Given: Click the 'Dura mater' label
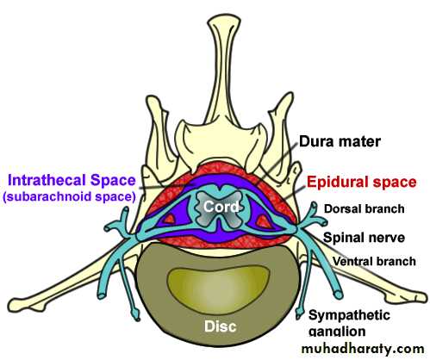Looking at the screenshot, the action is point(340,141).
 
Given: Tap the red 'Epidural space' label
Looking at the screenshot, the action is point(362,182).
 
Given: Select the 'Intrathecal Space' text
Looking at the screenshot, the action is point(72,181).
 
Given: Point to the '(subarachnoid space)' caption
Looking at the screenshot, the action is point(69,197).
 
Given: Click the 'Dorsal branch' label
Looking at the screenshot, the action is point(365,208).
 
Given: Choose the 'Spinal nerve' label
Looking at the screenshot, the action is point(364,238).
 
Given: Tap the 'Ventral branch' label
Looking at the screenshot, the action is point(374,261).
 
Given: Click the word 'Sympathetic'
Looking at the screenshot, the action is point(349,315).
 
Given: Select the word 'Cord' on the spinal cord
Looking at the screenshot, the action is point(221,207).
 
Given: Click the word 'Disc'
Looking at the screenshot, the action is point(221,326).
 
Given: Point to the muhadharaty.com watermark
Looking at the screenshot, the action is point(363,349).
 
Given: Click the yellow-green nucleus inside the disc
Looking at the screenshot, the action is point(218,289).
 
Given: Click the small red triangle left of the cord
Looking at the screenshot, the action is point(170,219).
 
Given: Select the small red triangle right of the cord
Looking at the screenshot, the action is point(264,221).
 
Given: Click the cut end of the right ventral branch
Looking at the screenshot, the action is point(339,295).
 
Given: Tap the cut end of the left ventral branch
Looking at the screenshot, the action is point(103,294).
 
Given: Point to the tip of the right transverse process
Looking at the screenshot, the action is point(421,297).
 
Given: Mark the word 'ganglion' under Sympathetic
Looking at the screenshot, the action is point(337,331).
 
